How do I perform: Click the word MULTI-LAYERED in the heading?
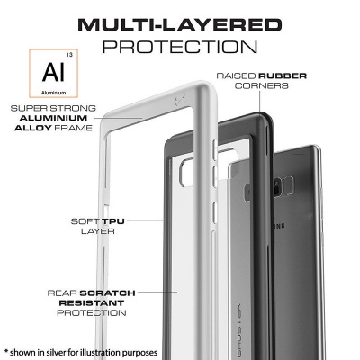(x=180, y=25)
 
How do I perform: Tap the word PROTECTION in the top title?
(x=180, y=47)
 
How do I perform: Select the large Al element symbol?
(x=53, y=73)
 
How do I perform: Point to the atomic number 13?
(x=69, y=55)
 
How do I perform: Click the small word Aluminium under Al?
(x=53, y=93)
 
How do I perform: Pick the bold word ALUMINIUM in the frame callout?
(x=53, y=118)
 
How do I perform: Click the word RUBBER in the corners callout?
(x=283, y=76)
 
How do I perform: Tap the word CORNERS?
(x=262, y=85)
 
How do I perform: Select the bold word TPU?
(x=113, y=221)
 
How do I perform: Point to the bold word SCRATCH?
(x=107, y=292)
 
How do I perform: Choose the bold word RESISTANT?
(x=92, y=303)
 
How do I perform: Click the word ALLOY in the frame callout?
(x=33, y=128)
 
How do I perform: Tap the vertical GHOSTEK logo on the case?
(x=239, y=330)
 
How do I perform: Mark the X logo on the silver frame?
(x=180, y=100)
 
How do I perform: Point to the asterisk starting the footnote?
(x=5, y=352)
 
